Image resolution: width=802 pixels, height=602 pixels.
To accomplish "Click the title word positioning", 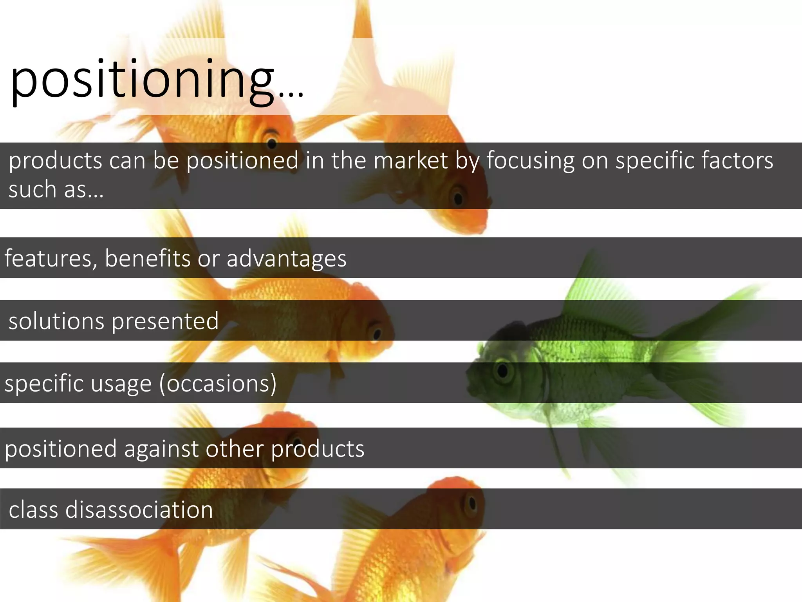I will tap(143, 80).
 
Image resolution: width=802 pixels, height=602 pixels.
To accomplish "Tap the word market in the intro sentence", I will tap(410, 161).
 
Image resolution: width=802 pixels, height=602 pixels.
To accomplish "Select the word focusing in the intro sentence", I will tap(531, 161).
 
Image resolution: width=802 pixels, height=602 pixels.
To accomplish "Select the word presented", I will tap(165, 322).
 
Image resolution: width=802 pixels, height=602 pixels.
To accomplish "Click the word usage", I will tap(121, 384).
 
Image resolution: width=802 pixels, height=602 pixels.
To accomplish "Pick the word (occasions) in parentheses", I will tap(218, 384).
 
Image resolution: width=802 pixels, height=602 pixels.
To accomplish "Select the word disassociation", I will tap(139, 510).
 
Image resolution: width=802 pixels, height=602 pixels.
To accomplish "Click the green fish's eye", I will tap(502, 370).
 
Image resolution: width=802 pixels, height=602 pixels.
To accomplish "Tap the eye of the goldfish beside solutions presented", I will tap(377, 334).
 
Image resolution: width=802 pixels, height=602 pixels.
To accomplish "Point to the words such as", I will tap(56, 190).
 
